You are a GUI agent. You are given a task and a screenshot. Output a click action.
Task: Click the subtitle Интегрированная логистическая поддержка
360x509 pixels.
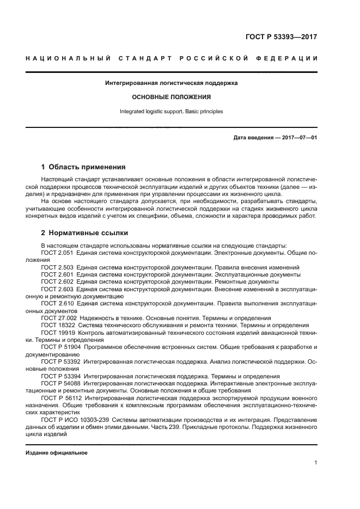tap(171, 83)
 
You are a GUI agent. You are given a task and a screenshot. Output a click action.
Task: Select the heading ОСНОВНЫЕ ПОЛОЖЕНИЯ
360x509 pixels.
tap(171, 97)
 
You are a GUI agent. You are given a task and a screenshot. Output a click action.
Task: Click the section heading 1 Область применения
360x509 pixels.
tap(84, 167)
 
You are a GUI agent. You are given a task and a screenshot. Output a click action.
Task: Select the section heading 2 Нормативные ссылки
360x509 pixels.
tap(85, 233)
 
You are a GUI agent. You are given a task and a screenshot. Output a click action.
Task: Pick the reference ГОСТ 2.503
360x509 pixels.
tap(58, 268)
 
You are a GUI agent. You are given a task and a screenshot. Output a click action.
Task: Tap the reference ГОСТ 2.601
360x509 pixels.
tap(58, 275)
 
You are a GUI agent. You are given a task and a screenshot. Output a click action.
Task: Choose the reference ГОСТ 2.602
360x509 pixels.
tap(58, 282)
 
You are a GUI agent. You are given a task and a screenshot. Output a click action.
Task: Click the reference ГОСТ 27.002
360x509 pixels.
tap(59, 317)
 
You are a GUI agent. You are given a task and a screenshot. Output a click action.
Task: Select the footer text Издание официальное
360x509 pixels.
tap(57, 453)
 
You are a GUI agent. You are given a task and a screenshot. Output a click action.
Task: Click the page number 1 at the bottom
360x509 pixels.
tap(315, 463)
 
